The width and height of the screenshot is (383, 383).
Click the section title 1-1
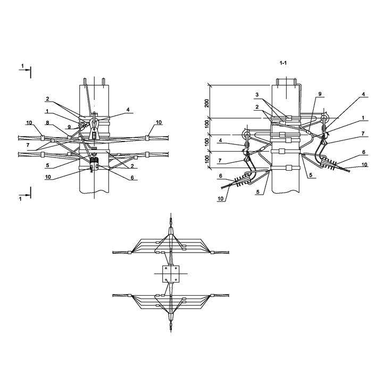tap(283, 63)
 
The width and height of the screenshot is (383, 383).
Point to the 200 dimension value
tap(207, 104)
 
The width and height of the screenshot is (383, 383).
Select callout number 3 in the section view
tap(257, 94)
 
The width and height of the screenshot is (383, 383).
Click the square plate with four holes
tap(171, 274)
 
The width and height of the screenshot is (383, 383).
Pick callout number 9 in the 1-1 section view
tap(320, 94)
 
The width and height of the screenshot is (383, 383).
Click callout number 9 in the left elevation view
tap(69, 127)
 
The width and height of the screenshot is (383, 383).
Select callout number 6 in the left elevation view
tap(132, 178)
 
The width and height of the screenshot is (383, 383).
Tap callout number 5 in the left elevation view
tap(47, 165)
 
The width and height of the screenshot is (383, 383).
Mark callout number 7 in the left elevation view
tap(28, 145)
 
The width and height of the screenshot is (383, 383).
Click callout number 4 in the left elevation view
tap(128, 110)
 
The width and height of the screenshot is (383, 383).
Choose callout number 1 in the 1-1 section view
tap(363, 118)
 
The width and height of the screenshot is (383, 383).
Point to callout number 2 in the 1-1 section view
tap(257, 107)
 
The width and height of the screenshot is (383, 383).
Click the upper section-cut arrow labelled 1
tap(24, 70)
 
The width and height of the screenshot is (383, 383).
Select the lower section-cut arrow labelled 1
tap(24, 195)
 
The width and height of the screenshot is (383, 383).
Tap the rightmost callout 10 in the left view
tap(159, 122)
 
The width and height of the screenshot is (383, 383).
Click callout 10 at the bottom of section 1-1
tap(220, 198)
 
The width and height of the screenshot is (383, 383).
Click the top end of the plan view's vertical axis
tap(171, 213)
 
